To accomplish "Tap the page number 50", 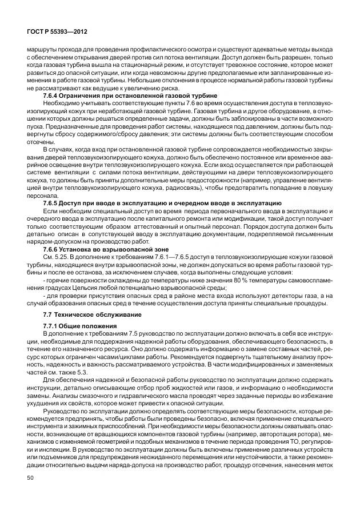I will pyautogui.click(x=30, y=477).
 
